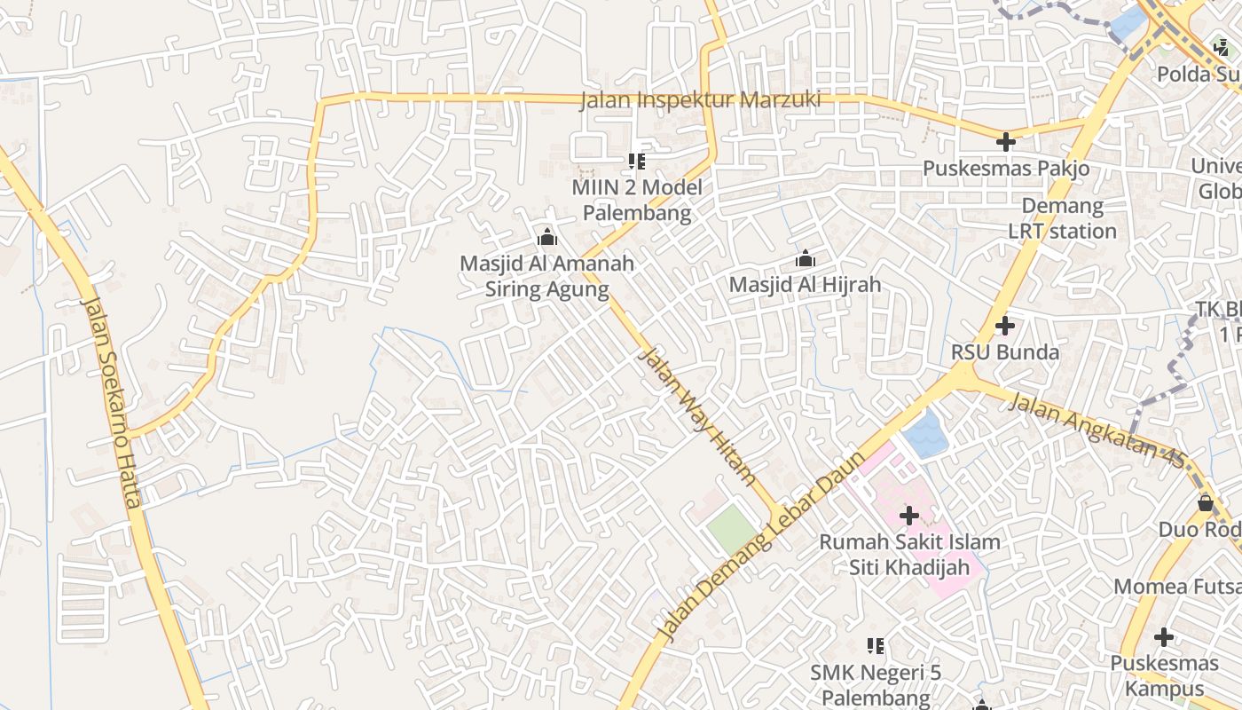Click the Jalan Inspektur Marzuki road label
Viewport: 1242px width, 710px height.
point(700,100)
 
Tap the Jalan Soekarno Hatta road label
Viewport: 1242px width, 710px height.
point(112,401)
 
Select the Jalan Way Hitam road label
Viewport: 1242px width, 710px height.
point(697,415)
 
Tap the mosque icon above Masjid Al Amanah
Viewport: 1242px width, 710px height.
point(546,238)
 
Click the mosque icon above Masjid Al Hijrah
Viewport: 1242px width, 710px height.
point(806,259)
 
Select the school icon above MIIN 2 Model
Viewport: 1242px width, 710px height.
point(636,162)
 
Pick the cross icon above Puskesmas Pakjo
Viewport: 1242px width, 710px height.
point(1005,142)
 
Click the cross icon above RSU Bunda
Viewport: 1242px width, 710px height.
point(1004,326)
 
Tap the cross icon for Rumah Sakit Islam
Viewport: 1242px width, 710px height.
point(908,516)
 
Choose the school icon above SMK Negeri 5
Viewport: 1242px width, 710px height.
point(876,647)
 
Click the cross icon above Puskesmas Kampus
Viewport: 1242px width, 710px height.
point(1163,637)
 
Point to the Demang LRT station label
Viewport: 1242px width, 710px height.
point(1062,218)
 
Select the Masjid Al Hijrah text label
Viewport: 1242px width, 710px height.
point(805,284)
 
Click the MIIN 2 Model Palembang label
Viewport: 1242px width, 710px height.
point(636,200)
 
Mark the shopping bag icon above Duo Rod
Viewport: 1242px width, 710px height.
point(1205,503)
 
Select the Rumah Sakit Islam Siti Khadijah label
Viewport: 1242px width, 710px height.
point(909,555)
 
